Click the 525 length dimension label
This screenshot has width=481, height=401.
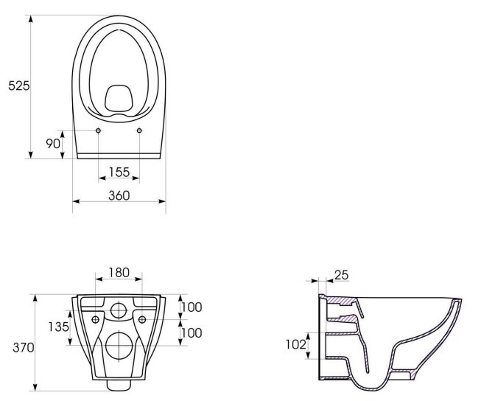[19, 86]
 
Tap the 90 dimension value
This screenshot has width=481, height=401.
[53, 144]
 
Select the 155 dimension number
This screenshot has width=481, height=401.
[119, 172]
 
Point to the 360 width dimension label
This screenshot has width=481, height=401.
[119, 195]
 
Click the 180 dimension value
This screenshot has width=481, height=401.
[119, 272]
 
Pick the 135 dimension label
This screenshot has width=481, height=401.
[59, 327]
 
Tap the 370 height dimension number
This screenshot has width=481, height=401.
[24, 348]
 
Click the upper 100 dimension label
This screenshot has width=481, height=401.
[192, 307]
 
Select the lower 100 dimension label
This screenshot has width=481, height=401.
[192, 333]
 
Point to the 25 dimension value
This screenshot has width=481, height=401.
[342, 275]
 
